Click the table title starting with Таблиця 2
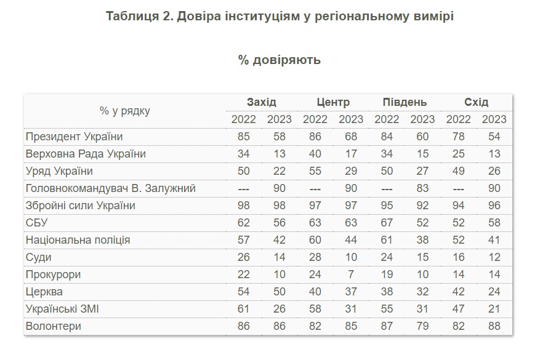(280, 17)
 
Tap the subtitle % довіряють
(280, 60)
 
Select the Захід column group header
(262, 102)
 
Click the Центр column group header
(333, 102)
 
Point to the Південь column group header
(405, 102)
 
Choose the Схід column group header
(476, 102)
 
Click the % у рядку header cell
(124, 111)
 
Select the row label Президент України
(74, 137)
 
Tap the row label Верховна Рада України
(86, 154)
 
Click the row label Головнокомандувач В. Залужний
(110, 188)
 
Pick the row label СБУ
(36, 223)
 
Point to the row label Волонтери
(53, 326)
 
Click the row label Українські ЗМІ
(62, 309)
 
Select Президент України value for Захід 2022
(244, 137)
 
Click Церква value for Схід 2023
(494, 292)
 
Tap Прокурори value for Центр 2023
(352, 274)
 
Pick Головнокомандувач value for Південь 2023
(422, 188)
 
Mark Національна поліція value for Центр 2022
(315, 240)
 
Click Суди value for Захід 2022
(244, 257)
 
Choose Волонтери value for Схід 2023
(494, 326)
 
